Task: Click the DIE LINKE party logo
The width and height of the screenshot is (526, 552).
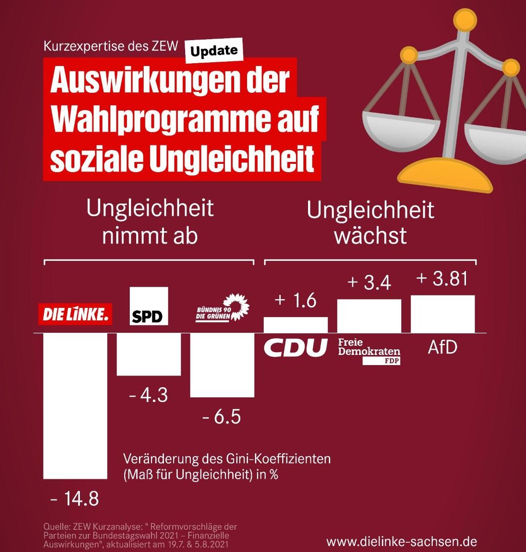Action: tap(75, 314)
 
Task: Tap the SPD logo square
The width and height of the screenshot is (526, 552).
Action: tap(149, 306)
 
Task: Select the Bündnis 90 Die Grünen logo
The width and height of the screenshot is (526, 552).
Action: tap(222, 307)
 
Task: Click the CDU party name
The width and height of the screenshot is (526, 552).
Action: tap(296, 348)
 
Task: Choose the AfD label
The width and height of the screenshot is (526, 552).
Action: tap(442, 347)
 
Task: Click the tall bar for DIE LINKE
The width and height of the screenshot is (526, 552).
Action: tap(75, 405)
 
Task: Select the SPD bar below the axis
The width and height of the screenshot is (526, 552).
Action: tap(149, 354)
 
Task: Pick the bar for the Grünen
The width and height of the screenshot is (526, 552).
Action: tap(222, 365)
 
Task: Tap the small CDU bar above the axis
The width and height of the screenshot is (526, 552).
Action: tap(296, 325)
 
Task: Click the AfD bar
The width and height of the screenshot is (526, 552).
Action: tap(442, 314)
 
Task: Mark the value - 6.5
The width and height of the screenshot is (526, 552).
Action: tap(222, 417)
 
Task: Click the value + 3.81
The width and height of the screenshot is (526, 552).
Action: tap(442, 279)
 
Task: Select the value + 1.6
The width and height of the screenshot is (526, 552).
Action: tap(295, 300)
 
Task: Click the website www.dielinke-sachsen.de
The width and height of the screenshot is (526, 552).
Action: tap(401, 541)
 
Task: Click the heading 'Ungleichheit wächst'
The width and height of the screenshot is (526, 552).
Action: tap(370, 222)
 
